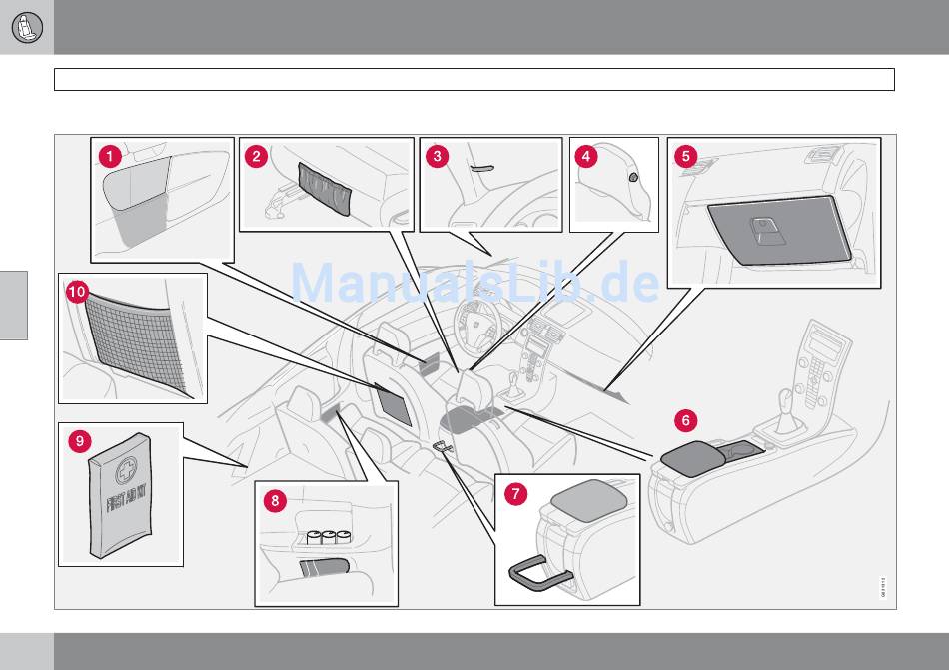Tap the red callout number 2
click(x=257, y=156)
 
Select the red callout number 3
click(x=437, y=156)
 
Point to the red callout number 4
click(x=586, y=156)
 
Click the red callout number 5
click(x=684, y=156)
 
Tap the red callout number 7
click(x=513, y=492)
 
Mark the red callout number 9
click(x=77, y=439)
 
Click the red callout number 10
click(x=77, y=292)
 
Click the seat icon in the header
click(x=26, y=27)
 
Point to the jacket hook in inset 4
click(x=633, y=177)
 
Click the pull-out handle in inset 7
click(x=539, y=574)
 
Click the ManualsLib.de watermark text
click(x=474, y=284)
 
